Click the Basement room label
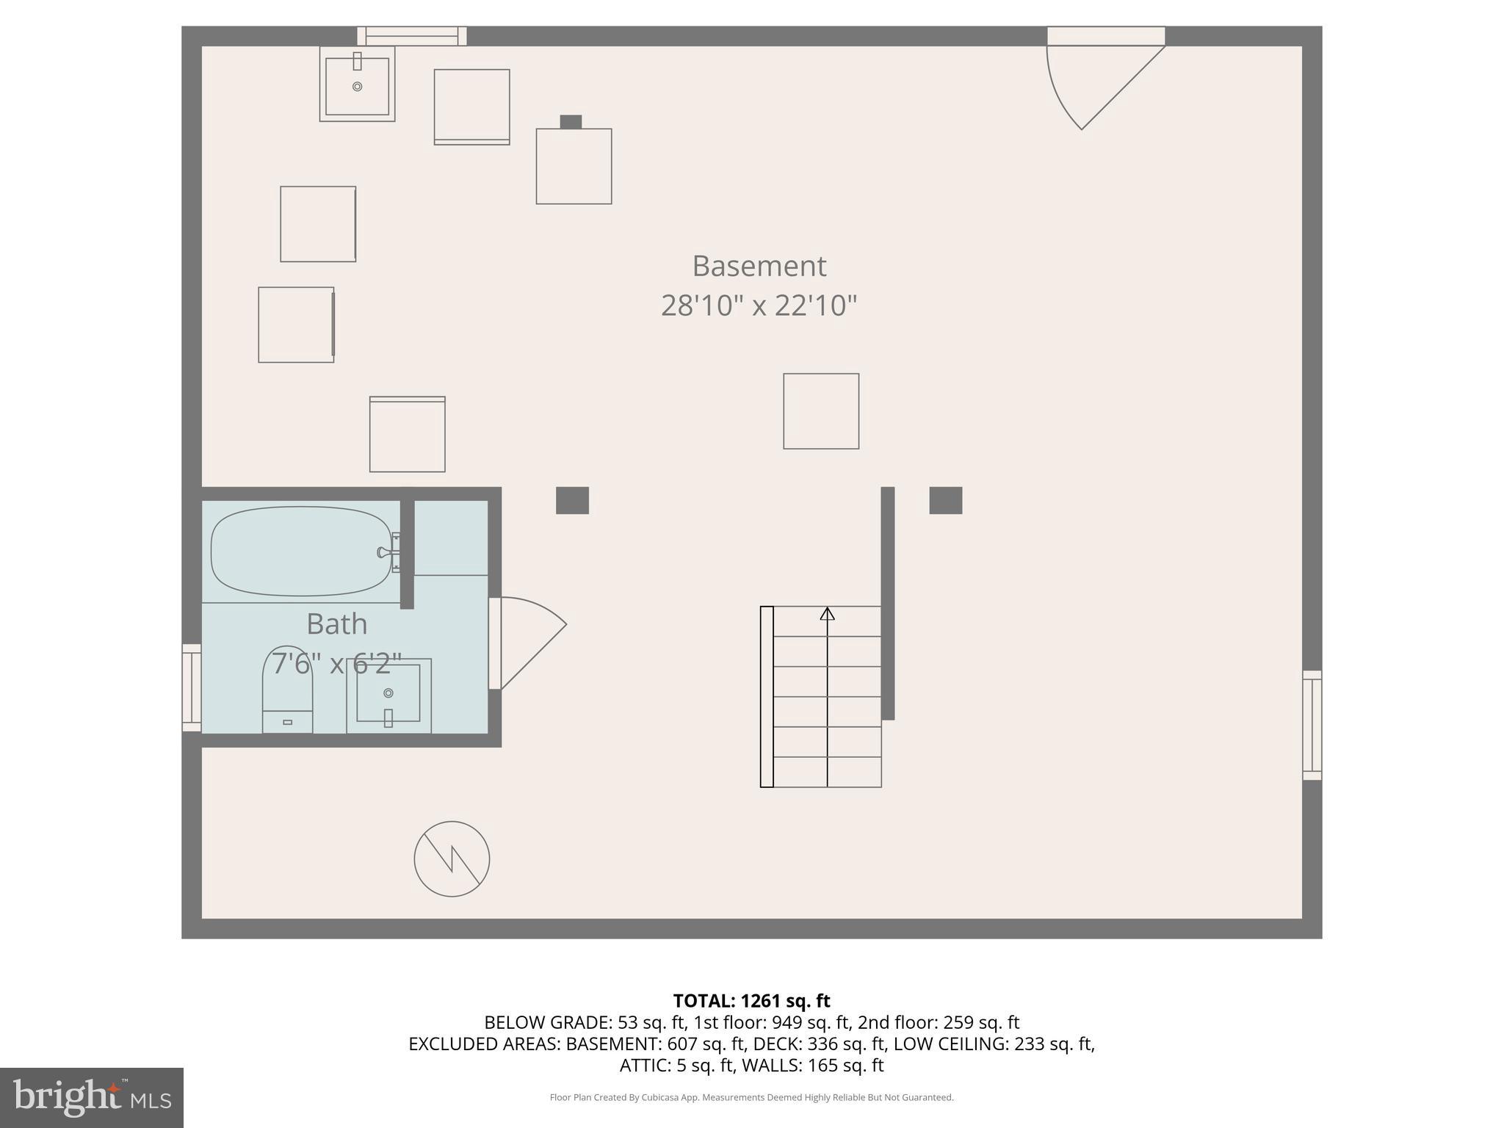point(759,266)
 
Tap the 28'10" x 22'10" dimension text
point(759,305)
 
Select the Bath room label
point(336,624)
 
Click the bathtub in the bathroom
point(301,552)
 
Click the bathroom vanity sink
point(388,695)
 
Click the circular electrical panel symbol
point(452,858)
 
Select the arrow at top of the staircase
point(828,614)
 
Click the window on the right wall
point(1312,725)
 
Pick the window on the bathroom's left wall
point(192,687)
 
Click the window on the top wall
point(412,36)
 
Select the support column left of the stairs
point(572,500)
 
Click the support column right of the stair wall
point(945,500)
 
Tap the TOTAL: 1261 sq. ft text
point(751,1001)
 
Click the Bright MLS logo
point(92,1097)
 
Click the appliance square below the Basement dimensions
point(821,411)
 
